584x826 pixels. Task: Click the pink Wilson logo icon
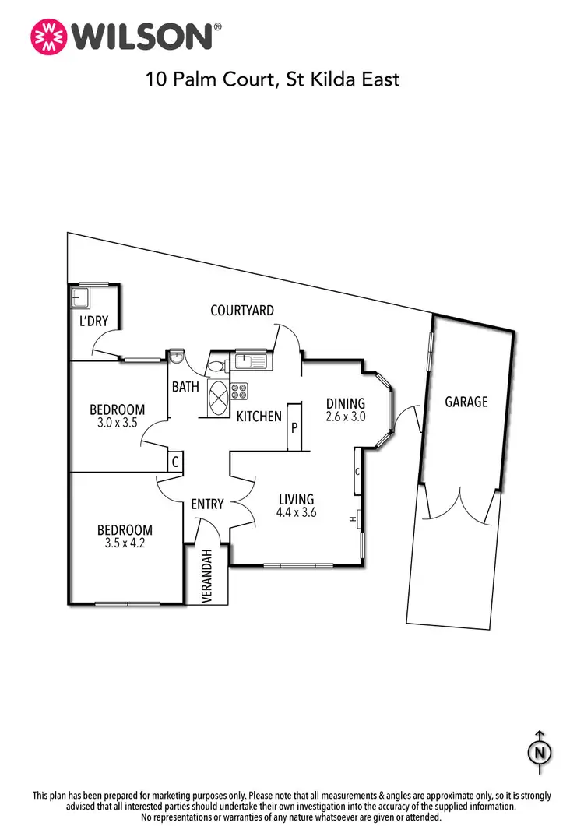point(47,36)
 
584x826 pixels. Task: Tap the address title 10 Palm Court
point(272,79)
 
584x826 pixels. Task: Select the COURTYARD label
point(242,311)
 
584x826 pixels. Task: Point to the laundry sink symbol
point(77,297)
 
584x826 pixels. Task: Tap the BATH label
point(185,386)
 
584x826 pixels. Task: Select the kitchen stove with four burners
point(239,390)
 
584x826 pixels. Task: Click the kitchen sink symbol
point(251,360)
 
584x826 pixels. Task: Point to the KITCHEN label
point(259,417)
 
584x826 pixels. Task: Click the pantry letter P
point(295,427)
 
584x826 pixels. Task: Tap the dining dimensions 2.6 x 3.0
point(346,417)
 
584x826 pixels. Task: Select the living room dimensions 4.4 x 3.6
point(295,513)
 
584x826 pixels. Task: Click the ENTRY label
point(207,504)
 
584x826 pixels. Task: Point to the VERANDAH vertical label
point(207,577)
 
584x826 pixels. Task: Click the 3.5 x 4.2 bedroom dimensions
point(125,544)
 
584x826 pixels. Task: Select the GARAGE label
point(466,402)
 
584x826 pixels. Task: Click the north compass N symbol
point(538,753)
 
